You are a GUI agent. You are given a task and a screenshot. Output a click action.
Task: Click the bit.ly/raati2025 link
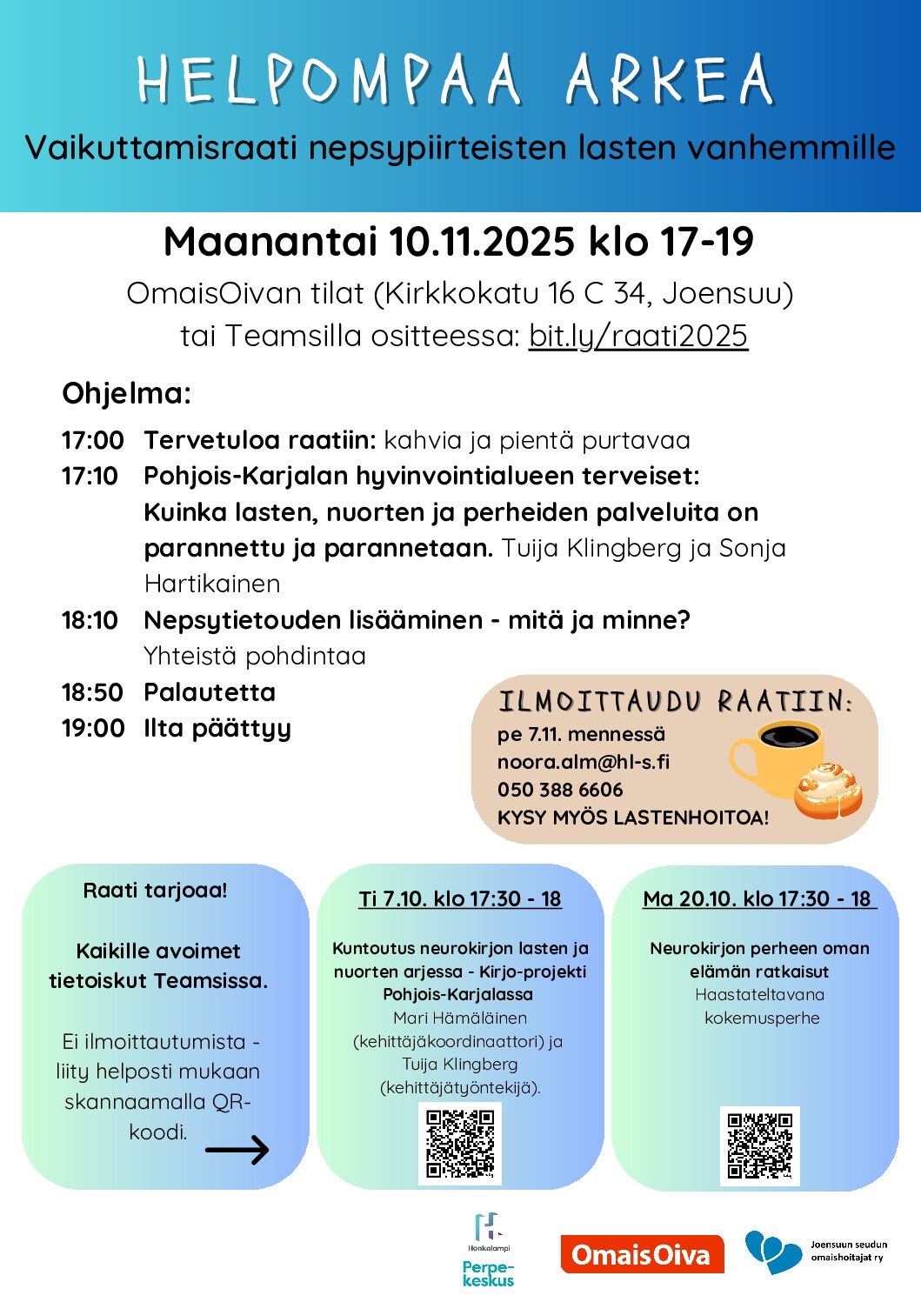tap(637, 336)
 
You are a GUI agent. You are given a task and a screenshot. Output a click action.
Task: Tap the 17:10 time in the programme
tap(90, 476)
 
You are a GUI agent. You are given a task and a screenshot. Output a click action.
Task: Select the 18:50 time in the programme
tap(92, 692)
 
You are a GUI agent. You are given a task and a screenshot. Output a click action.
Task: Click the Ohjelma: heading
tap(126, 393)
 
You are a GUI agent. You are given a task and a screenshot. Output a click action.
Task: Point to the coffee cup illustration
tap(776, 756)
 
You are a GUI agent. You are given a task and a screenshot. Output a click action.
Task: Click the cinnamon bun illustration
tap(828, 791)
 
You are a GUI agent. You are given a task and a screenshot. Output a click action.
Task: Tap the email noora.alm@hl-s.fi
tap(583, 762)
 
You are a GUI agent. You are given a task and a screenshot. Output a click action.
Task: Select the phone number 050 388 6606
tap(560, 790)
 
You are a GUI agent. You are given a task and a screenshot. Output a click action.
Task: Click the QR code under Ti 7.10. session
tap(460, 1143)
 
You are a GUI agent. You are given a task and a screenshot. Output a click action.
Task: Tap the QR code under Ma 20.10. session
tap(759, 1145)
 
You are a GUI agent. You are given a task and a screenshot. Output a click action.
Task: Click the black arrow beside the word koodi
tap(237, 1151)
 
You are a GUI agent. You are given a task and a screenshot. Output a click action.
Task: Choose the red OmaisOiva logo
tap(642, 1254)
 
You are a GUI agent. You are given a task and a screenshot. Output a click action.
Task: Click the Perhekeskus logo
tap(488, 1251)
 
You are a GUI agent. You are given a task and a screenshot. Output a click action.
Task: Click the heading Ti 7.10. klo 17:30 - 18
tap(460, 898)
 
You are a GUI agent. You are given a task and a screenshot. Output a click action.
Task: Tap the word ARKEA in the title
tap(669, 80)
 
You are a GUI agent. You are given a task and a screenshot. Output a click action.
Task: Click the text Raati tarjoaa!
tap(155, 891)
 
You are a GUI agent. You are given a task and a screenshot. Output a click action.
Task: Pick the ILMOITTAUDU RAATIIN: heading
tap(675, 702)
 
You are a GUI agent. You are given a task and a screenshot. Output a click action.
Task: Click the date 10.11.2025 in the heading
tap(481, 243)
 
